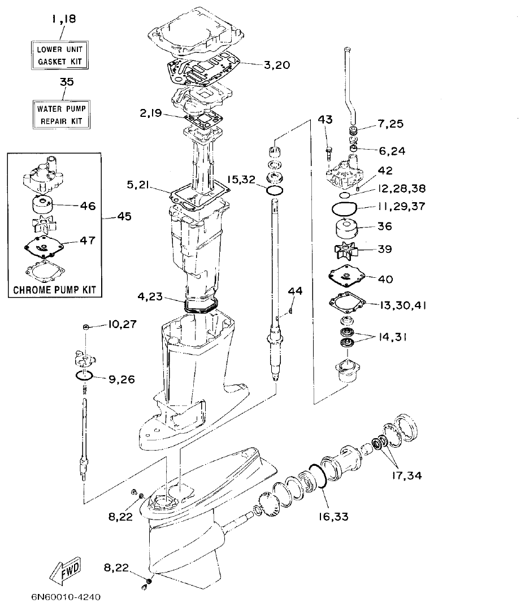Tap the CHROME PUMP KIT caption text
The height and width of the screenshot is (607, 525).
pyautogui.click(x=54, y=290)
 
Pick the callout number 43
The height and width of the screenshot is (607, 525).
pyautogui.click(x=326, y=120)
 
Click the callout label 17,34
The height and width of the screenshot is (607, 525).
pyautogui.click(x=405, y=475)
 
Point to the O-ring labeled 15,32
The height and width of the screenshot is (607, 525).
pyautogui.click(x=275, y=191)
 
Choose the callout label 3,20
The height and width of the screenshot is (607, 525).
pyautogui.click(x=277, y=64)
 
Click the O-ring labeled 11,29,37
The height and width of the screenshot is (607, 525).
pyautogui.click(x=342, y=208)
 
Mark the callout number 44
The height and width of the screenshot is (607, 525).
pyautogui.click(x=295, y=291)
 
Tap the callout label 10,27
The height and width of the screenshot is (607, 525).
pyautogui.click(x=122, y=325)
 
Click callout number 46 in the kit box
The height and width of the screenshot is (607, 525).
pyautogui.click(x=88, y=206)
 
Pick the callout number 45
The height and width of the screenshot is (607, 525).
pyautogui.click(x=124, y=217)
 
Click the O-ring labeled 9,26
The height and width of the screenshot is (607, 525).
pyautogui.click(x=83, y=376)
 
